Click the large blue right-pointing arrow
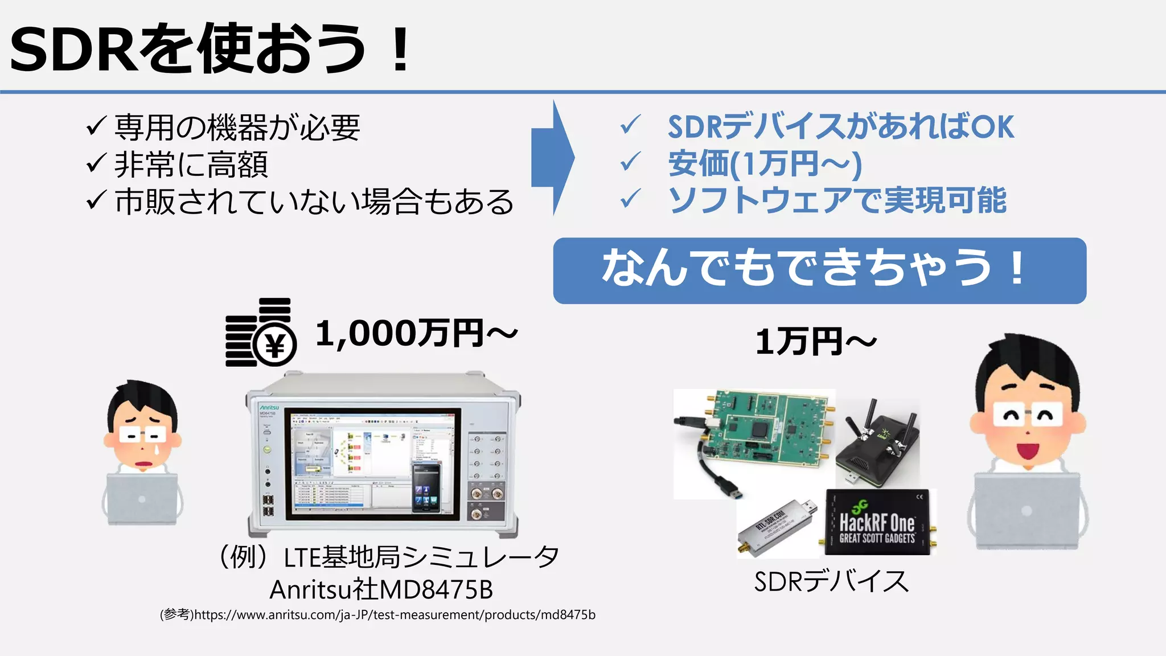coord(552,158)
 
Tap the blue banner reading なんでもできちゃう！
coord(819,270)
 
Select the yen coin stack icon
coord(261,333)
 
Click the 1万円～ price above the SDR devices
coord(815,342)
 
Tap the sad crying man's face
coord(142,433)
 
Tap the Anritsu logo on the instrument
coord(269,408)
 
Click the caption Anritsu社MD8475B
coord(381,589)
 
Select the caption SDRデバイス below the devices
coord(831,581)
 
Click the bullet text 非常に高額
coord(191,165)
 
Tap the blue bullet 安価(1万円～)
coord(765,164)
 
